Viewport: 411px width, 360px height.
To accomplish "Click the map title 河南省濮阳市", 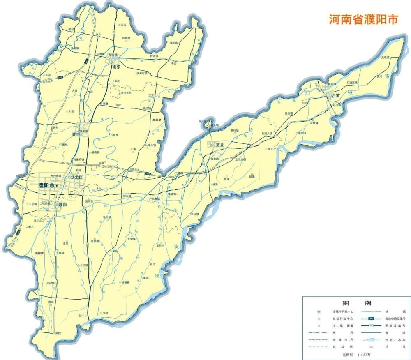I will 363,19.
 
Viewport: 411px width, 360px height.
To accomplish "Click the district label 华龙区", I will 77,178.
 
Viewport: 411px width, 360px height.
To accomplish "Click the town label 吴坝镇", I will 385,58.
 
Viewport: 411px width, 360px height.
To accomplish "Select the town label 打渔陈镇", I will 352,83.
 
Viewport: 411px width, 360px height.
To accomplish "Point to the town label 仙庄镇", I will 147,108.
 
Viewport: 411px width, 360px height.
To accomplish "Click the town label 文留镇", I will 131,239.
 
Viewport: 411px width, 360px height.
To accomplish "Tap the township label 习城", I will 105,313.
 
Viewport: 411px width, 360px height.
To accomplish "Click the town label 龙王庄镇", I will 240,159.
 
